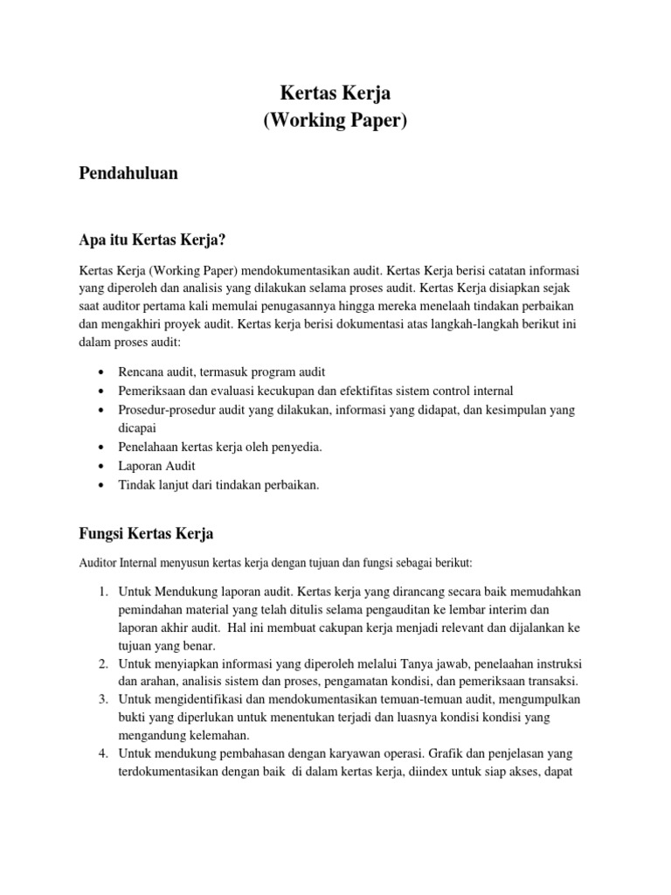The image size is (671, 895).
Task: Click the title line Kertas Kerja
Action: [x=335, y=93]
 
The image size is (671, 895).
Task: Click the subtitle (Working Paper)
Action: [x=335, y=121]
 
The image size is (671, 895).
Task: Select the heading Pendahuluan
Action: [x=128, y=173]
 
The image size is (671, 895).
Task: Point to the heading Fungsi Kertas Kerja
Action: [x=146, y=532]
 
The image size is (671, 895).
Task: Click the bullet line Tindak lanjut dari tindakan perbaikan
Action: [x=219, y=485]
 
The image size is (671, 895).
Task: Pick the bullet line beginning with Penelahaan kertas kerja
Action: [x=221, y=447]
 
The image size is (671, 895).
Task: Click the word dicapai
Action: [x=137, y=428]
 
